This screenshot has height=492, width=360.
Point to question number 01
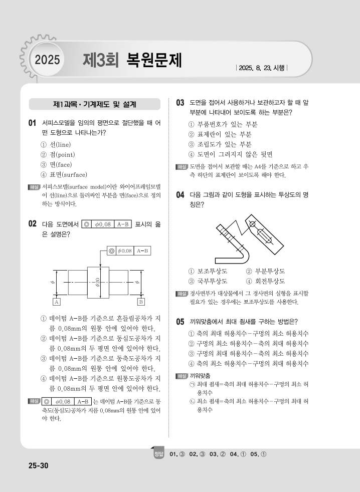[x=33, y=123]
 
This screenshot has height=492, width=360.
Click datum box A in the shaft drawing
[x=57, y=302]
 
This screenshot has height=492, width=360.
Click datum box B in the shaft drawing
[x=141, y=302]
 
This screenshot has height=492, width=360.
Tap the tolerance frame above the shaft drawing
[x=129, y=250]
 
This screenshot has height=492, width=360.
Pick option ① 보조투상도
[x=208, y=271]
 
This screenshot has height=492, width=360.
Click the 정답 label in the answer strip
[x=159, y=454]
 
